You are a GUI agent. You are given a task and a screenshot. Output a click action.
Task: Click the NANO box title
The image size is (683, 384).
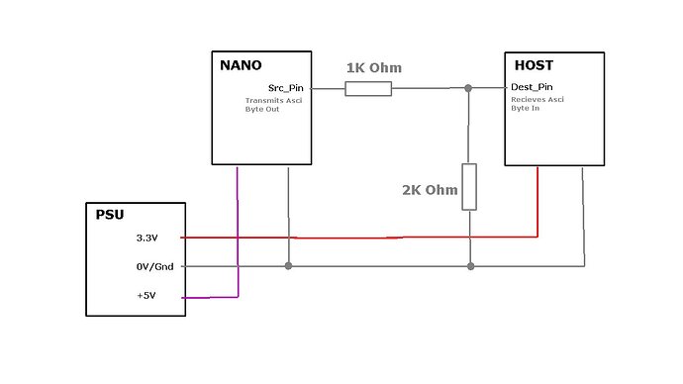pyautogui.click(x=241, y=66)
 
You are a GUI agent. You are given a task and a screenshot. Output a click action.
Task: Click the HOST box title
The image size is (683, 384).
pyautogui.click(x=536, y=66)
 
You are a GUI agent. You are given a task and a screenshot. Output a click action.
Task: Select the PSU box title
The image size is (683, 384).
pyautogui.click(x=109, y=213)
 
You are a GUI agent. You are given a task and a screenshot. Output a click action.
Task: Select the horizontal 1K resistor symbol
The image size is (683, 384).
pyautogui.click(x=368, y=89)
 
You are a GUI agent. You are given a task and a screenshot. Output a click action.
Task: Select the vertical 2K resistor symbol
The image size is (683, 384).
pyautogui.click(x=469, y=186)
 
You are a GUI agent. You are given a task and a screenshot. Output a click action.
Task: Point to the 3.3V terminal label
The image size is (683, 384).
pyautogui.click(x=146, y=239)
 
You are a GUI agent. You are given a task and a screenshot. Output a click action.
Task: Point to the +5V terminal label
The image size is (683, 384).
pyautogui.click(x=146, y=296)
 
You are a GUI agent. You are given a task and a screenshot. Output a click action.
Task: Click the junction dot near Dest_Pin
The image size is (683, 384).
pyautogui.click(x=469, y=89)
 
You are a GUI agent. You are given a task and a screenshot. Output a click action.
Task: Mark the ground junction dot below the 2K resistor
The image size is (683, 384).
pyautogui.click(x=469, y=266)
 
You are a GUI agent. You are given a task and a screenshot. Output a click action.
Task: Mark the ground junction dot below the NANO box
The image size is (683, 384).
pyautogui.click(x=288, y=266)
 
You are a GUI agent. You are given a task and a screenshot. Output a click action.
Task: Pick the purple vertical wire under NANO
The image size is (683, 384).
pyautogui.click(x=238, y=228)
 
